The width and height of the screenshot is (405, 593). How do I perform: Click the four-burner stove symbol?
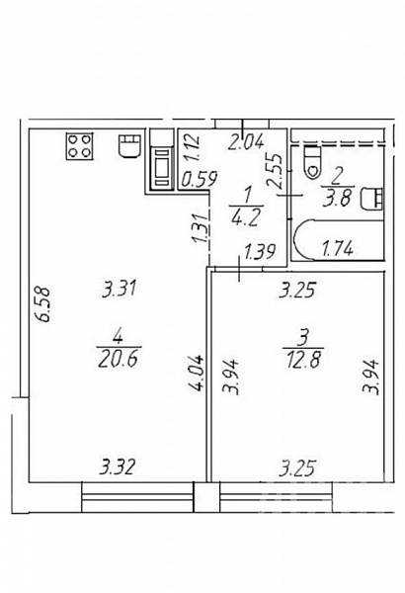(79, 146)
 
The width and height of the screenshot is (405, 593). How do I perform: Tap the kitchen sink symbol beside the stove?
(130, 146)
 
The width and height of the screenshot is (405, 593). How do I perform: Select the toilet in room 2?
(312, 162)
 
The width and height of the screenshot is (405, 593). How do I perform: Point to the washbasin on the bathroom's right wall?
(371, 199)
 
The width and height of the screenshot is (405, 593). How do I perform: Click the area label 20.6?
(117, 360)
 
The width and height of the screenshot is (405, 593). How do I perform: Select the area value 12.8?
(303, 360)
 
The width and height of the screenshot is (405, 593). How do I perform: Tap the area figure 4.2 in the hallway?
(246, 218)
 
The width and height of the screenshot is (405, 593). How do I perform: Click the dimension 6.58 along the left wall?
(43, 304)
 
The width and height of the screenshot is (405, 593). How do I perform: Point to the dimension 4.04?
(198, 373)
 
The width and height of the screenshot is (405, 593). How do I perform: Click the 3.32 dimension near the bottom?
(117, 467)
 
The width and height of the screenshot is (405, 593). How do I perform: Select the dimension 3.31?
(120, 290)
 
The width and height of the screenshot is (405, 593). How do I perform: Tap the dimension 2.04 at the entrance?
(246, 143)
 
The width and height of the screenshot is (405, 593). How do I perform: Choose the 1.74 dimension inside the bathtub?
(337, 249)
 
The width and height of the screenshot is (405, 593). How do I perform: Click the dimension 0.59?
(199, 179)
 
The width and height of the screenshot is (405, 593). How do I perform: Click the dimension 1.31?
(201, 227)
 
